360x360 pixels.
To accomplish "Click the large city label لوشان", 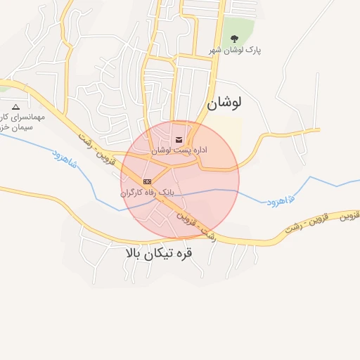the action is coord(224,103).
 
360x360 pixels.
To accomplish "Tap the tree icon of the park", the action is coord(234,39).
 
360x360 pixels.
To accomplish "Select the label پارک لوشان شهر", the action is coord(235,51).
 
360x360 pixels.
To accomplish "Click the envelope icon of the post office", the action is coord(178,139).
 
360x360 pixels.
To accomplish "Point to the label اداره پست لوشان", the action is coord(179,150).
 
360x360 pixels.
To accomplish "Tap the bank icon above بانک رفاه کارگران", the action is coord(147,181).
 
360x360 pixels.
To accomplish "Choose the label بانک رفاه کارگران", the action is coord(147,192).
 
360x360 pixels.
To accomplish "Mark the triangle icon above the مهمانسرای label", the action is coord(16,107).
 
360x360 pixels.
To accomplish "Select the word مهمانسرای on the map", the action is coord(27,117).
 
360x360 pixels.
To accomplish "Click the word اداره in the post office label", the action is coord(198,150).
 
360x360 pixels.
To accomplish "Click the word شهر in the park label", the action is coord(215,51).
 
